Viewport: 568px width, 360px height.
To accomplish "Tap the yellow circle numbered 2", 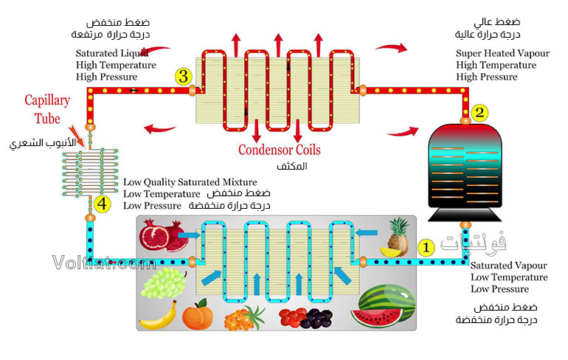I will point(480,113).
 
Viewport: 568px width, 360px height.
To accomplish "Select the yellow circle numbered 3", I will point(184,75).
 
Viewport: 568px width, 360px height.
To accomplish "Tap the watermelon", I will point(382,308).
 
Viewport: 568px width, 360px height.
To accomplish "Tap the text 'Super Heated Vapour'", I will point(500,53).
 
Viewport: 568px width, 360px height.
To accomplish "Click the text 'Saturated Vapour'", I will point(508,266).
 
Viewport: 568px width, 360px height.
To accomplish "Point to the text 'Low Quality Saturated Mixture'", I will point(190,181).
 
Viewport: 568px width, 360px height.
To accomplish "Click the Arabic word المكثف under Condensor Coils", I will point(294,167).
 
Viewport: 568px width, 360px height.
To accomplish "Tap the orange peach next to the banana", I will point(197,316).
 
